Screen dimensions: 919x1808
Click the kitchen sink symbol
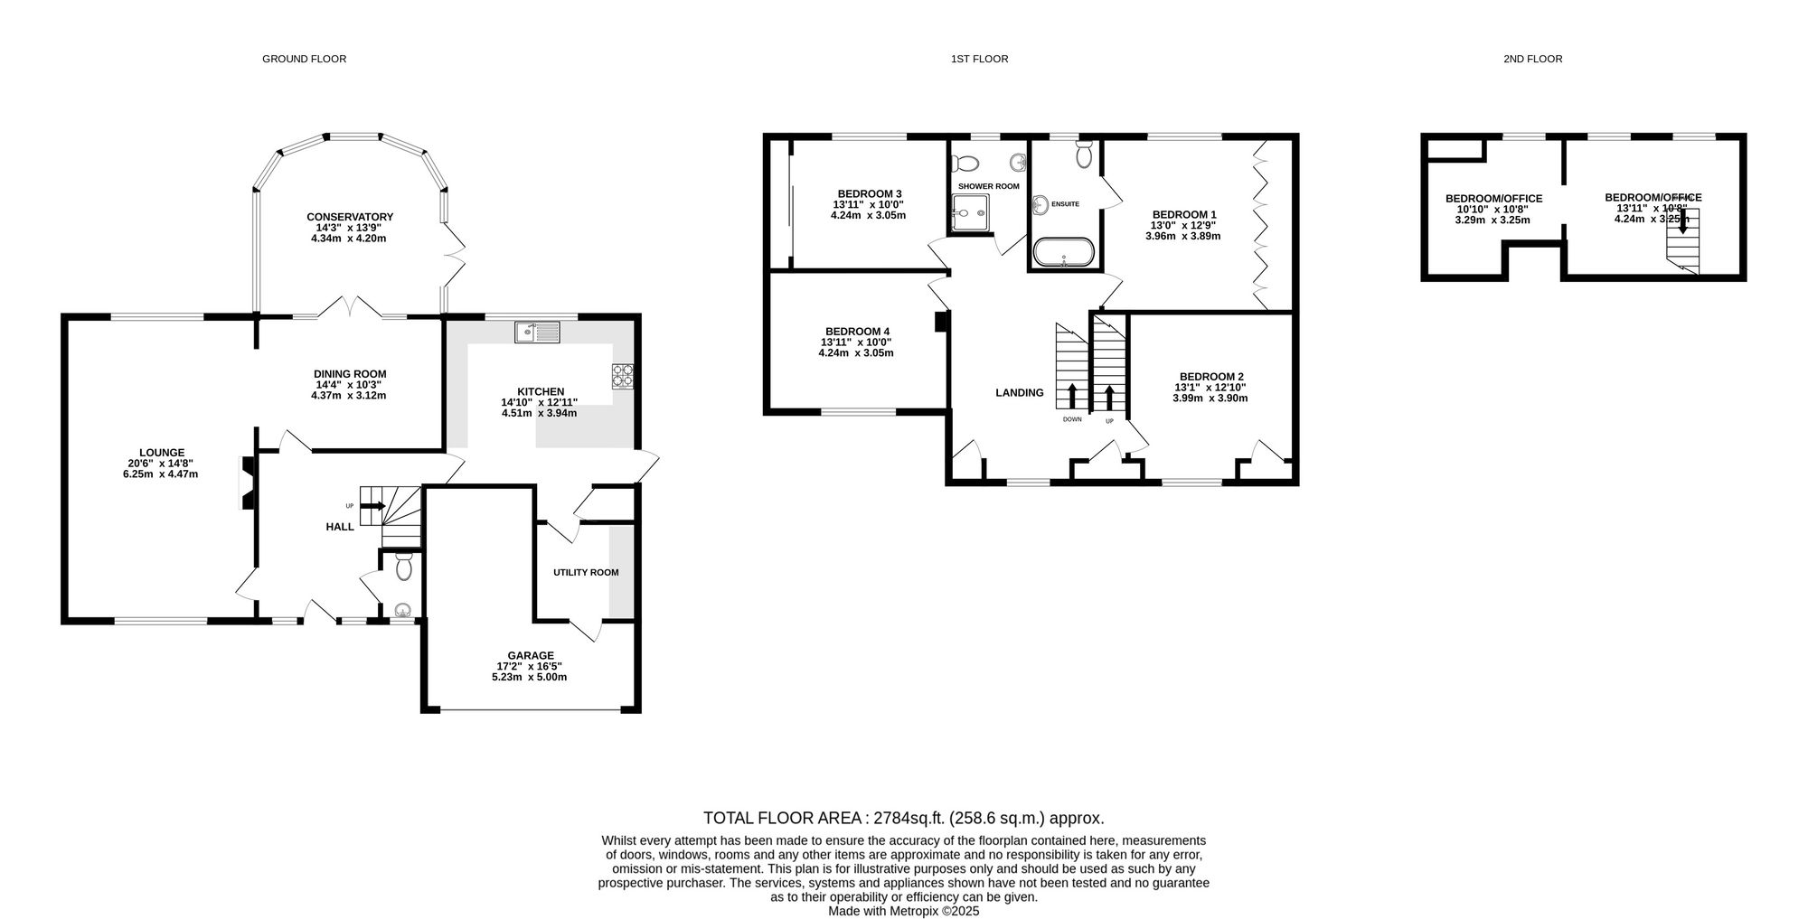point(538,333)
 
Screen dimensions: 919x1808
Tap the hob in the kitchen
point(623,375)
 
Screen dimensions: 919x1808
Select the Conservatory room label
point(349,217)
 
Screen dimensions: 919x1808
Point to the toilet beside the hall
point(403,567)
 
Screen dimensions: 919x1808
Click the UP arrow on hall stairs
point(372,506)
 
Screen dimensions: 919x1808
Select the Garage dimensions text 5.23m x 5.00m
point(530,677)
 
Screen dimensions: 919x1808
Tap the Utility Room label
point(586,572)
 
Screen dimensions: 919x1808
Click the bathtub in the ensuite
point(1063,251)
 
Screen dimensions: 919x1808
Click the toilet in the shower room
point(966,164)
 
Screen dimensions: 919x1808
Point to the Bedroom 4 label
point(857,332)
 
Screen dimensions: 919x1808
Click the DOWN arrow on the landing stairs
point(1072,397)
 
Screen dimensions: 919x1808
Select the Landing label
point(1019,392)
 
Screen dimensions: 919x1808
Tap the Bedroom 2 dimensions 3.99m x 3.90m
point(1210,398)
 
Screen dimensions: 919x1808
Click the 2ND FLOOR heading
point(1532,59)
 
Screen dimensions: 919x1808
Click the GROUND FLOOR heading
point(304,59)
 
